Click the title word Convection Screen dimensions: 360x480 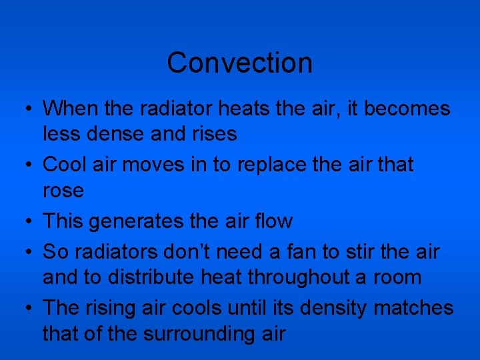click(x=239, y=63)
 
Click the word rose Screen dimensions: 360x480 click(x=63, y=191)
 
